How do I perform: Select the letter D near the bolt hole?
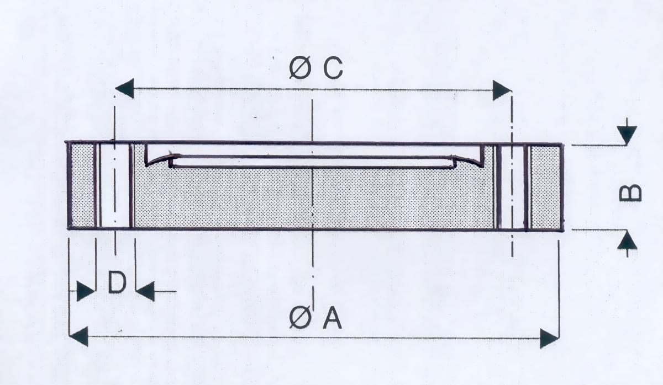pyautogui.click(x=117, y=283)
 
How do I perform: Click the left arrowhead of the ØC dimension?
pyautogui.click(x=124, y=89)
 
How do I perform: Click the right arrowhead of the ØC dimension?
pyautogui.click(x=502, y=90)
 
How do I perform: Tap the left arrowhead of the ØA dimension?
pyautogui.click(x=78, y=336)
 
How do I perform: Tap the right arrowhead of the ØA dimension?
pyautogui.click(x=549, y=338)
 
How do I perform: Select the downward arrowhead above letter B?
pyautogui.click(x=627, y=135)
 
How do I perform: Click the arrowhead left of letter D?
pyautogui.click(x=85, y=291)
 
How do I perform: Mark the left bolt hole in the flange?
pyautogui.click(x=114, y=185)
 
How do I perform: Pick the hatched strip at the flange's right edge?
pyautogui.click(x=546, y=186)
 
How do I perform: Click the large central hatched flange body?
pyautogui.click(x=313, y=199)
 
